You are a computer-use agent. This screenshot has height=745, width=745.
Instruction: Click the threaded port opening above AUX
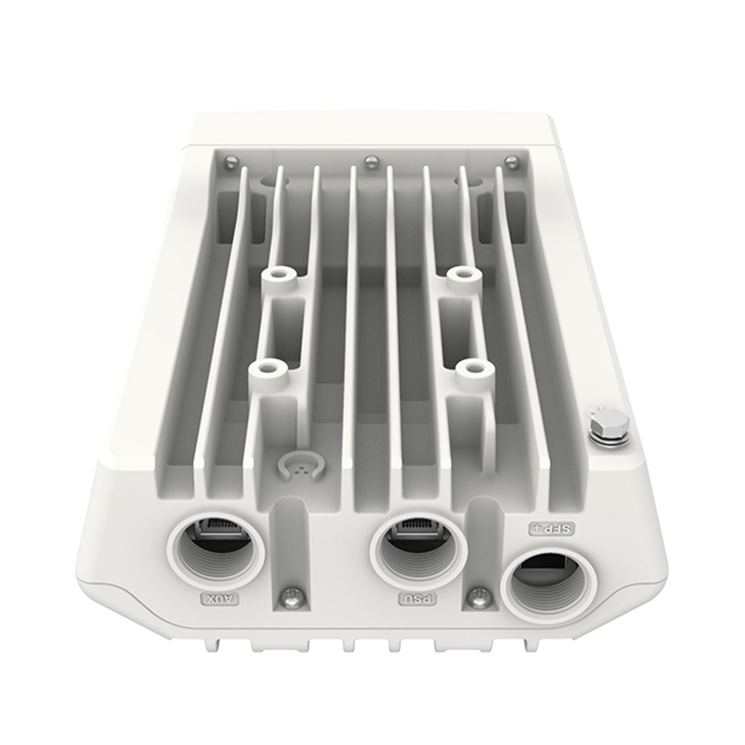tap(216, 555)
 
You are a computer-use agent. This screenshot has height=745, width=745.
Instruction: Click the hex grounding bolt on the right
tap(603, 426)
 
